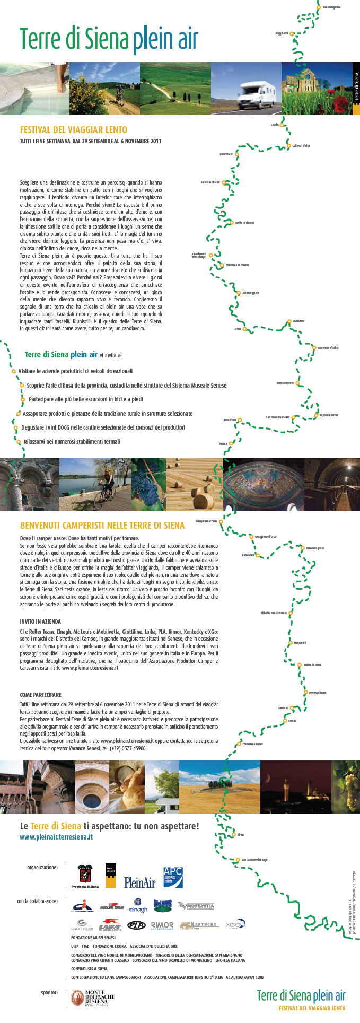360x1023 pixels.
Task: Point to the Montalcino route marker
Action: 239,420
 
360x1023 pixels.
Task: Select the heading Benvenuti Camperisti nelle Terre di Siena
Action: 102,526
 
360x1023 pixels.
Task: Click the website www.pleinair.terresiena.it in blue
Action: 56,837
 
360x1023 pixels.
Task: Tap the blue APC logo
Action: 173,877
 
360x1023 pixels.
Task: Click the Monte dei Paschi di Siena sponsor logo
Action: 93,998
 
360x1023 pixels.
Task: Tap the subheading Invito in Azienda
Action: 40,621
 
